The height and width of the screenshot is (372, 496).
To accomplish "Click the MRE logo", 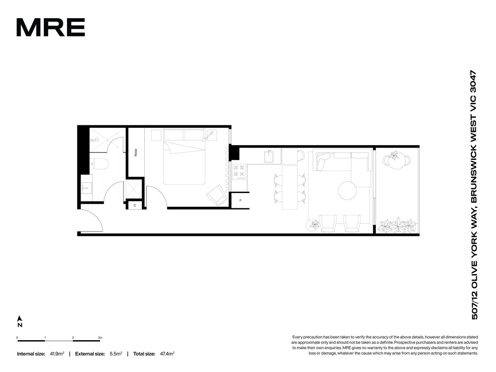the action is point(50,27).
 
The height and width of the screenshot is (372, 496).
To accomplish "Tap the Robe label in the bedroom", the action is point(136,152).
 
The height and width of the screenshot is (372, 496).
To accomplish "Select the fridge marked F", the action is point(240,200).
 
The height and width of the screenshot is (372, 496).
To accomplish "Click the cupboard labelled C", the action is point(135,205).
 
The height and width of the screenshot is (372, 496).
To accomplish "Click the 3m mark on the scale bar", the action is point(100,338).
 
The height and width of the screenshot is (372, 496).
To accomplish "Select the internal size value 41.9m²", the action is point(57,354).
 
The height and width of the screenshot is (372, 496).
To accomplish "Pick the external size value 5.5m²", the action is point(116,354).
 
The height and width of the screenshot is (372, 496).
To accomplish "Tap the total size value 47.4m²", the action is point(167,354).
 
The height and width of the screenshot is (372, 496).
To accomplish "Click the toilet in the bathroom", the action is point(99,164).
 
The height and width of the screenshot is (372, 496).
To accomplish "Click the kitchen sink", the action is point(269,157).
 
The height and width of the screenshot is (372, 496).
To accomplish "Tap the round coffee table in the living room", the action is point(347,191).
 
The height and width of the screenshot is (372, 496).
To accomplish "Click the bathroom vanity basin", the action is point(86,188).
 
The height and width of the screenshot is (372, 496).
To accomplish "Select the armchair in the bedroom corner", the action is point(217,196).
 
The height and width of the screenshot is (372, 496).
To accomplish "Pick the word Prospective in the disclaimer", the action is point(403,342).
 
